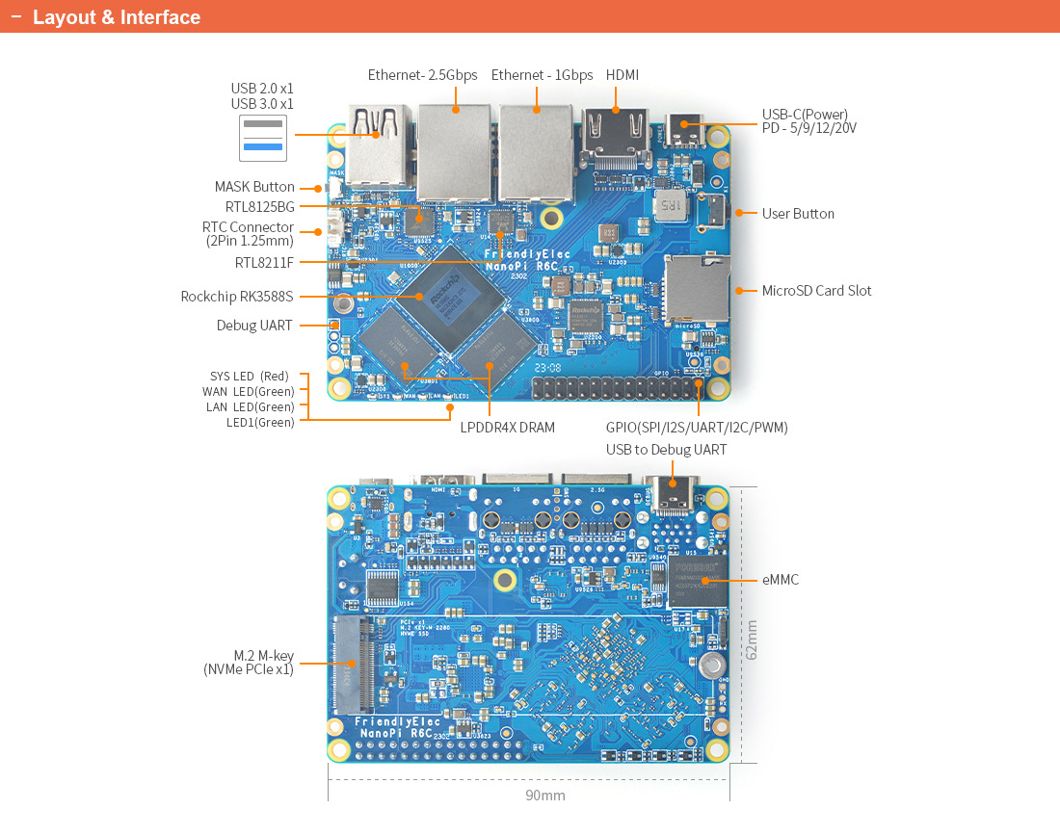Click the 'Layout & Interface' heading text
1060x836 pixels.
coord(117,17)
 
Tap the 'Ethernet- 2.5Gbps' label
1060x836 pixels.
coord(422,75)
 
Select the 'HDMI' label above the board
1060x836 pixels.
coord(622,75)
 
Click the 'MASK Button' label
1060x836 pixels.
coord(254,187)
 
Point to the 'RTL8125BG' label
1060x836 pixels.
coord(260,206)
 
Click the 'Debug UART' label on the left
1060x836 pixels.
coord(254,326)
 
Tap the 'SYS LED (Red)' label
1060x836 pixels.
coord(250,377)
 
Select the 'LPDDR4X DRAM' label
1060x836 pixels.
coord(507,427)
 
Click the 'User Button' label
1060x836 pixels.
coord(798,214)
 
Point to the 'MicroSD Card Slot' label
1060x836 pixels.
coord(816,291)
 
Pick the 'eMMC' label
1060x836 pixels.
coord(780,580)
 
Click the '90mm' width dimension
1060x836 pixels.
coord(545,796)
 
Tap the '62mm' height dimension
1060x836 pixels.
coord(752,638)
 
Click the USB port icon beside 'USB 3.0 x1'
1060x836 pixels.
coord(263,138)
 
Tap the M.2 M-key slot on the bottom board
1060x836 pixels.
coord(353,663)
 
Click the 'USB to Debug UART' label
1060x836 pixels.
coord(666,450)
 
